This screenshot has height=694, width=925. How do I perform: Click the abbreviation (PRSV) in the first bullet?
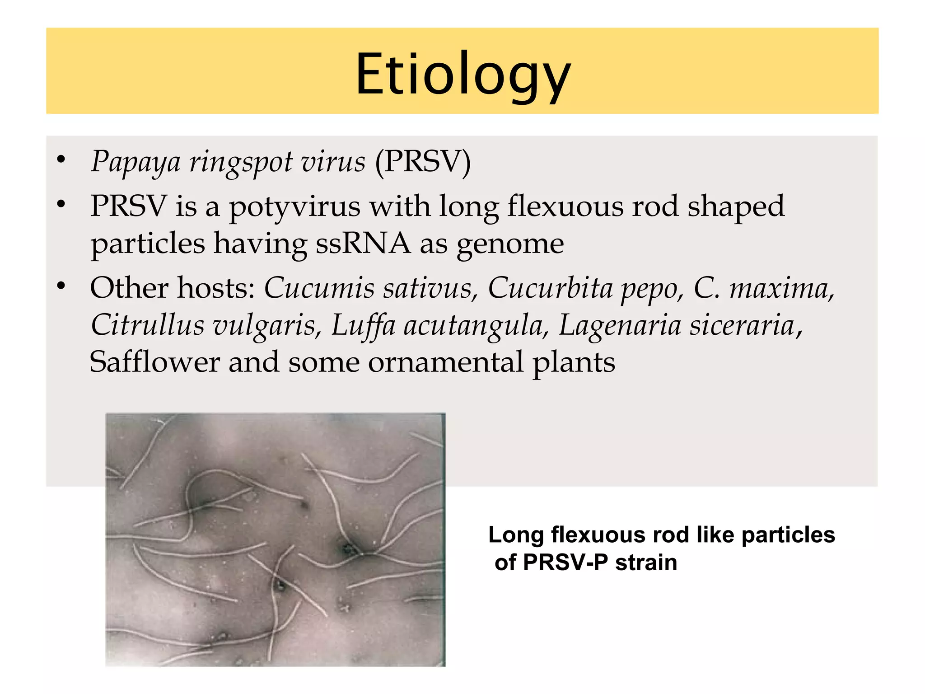tap(423, 162)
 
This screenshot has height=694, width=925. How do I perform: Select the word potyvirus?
tap(294, 207)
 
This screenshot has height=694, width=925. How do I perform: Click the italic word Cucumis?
tap(319, 288)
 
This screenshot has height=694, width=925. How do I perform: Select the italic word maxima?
tap(781, 288)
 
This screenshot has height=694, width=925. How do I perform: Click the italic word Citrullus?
tap(147, 325)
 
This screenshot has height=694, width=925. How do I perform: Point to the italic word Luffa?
tap(363, 325)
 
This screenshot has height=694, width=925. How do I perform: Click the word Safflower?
tap(154, 362)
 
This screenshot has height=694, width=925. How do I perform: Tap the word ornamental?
tap(445, 362)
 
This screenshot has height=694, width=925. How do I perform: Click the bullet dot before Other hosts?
tap(61, 286)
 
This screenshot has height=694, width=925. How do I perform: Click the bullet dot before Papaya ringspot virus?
tap(61, 159)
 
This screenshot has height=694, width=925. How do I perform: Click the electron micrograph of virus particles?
tap(276, 539)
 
